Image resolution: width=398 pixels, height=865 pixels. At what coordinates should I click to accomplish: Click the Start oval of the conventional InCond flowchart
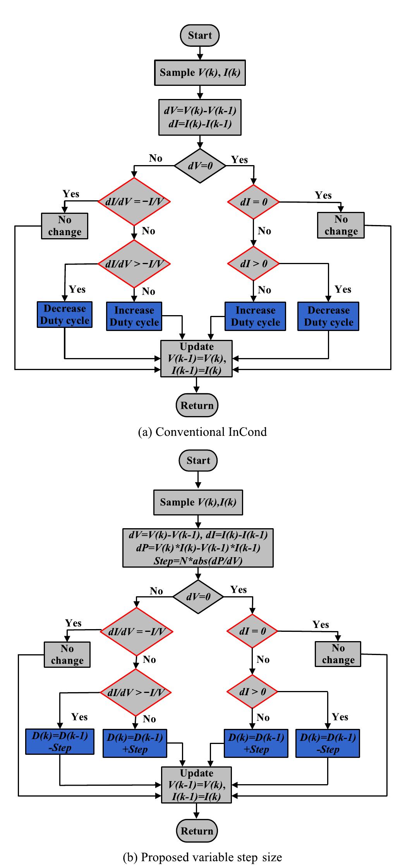pyautogui.click(x=200, y=35)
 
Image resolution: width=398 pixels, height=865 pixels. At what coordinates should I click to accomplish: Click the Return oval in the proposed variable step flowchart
pyautogui.click(x=197, y=831)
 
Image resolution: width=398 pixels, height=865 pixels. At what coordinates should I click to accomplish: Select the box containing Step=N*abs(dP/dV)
pyautogui.click(x=198, y=548)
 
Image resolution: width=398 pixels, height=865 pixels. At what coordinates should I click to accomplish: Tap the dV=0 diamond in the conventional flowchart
pyautogui.click(x=200, y=166)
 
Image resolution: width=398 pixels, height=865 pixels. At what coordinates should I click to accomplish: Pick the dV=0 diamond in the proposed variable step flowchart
pyautogui.click(x=198, y=597)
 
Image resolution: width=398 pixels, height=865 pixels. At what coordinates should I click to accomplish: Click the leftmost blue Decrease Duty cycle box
pyautogui.click(x=65, y=315)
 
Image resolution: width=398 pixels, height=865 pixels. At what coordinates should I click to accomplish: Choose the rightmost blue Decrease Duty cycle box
pyautogui.click(x=328, y=316)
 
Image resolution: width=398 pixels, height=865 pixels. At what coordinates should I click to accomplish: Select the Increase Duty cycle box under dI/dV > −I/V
pyautogui.click(x=134, y=316)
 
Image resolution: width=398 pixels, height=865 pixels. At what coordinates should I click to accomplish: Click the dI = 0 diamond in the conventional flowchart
pyautogui.click(x=253, y=202)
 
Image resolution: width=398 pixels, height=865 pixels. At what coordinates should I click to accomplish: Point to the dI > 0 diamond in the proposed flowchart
pyautogui.click(x=252, y=692)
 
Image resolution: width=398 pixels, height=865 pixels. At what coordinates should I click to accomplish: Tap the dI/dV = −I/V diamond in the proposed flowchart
pyautogui.click(x=136, y=631)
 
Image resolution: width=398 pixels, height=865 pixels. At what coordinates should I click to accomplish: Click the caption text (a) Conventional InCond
pyautogui.click(x=202, y=432)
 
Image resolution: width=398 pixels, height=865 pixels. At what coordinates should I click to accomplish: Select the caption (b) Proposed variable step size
pyautogui.click(x=202, y=857)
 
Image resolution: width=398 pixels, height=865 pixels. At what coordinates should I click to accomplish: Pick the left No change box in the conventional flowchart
pyautogui.click(x=65, y=226)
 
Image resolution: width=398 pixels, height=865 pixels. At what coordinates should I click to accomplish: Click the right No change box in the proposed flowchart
pyautogui.click(x=338, y=654)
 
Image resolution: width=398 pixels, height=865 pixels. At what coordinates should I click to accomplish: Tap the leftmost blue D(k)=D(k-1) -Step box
pyautogui.click(x=60, y=742)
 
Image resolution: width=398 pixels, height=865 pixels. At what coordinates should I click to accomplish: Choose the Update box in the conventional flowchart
pyautogui.click(x=196, y=358)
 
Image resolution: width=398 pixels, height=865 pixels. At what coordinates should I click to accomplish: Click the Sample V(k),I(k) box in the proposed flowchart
pyautogui.click(x=198, y=502)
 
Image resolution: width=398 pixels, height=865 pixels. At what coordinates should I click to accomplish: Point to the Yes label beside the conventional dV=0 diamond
pyautogui.click(x=239, y=160)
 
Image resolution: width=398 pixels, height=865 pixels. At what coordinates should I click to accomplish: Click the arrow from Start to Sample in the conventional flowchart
pyautogui.click(x=200, y=53)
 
